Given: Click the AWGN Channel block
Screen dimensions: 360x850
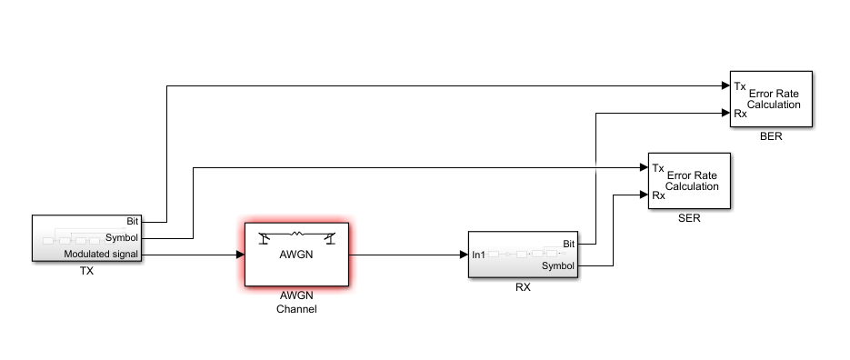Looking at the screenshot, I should (295, 254).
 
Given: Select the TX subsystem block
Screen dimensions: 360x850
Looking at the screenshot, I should (87, 239).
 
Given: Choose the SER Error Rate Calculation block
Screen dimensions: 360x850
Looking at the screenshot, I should (689, 180).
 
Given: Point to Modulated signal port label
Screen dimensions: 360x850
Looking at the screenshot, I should (101, 255).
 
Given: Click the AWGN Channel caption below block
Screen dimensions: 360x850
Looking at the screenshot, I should (295, 303).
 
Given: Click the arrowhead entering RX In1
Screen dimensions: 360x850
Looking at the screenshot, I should (464, 255).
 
